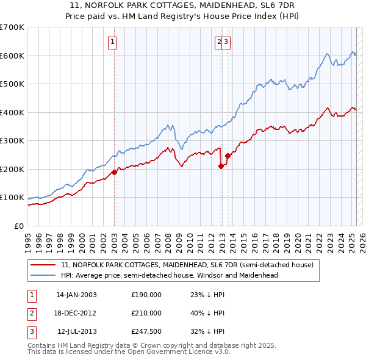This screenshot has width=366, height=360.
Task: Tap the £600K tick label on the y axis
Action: [12, 56]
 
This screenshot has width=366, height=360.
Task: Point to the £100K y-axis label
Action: [12, 198]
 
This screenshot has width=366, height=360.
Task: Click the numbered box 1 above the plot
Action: [114, 42]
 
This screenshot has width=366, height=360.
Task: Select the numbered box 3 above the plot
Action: [226, 42]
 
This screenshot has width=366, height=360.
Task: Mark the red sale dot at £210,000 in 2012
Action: [221, 166]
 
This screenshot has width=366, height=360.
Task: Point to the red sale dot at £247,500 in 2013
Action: [228, 156]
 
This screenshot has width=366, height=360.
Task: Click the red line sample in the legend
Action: [44, 265]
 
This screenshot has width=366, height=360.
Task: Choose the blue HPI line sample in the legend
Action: [44, 275]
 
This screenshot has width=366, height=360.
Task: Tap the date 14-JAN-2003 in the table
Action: [76, 295]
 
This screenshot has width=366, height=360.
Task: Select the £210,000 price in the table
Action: [146, 313]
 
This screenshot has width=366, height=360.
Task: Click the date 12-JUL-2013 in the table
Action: [76, 331]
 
